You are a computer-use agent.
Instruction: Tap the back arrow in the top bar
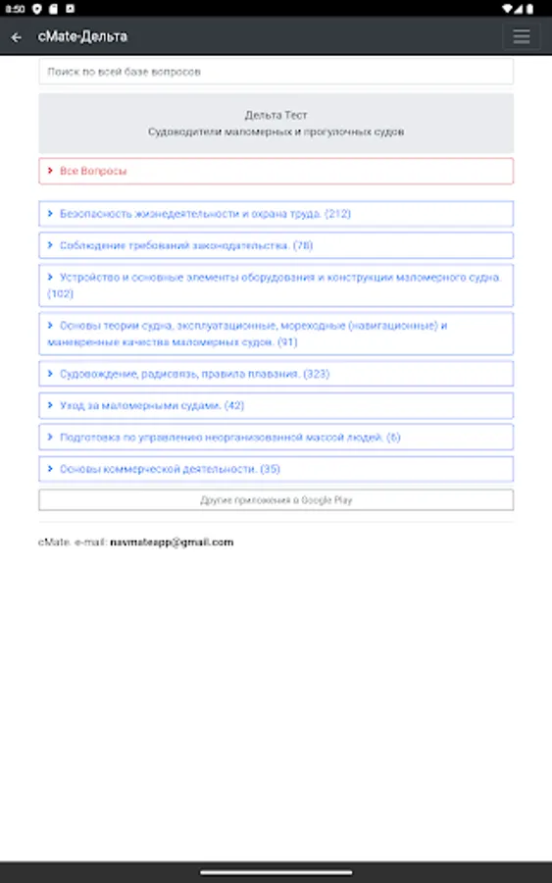17,37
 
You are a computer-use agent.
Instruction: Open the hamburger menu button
521,37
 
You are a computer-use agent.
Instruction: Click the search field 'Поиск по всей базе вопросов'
276,72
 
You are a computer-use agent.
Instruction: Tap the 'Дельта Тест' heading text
276,115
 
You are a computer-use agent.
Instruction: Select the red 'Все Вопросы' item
93,171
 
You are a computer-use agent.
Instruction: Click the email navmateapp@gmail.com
172,542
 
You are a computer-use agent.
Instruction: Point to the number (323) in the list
317,374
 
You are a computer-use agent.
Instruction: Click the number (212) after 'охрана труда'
337,213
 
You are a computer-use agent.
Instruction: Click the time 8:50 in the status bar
14,8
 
